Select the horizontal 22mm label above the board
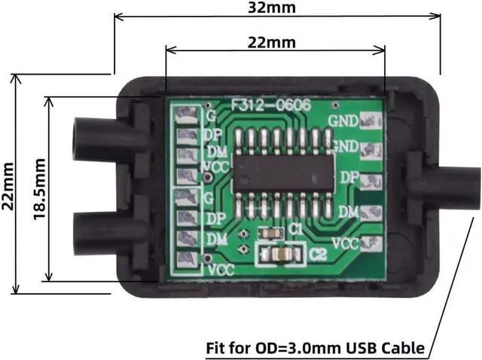(x=272, y=42)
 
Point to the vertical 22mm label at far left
(x=8, y=185)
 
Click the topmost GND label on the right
(x=343, y=120)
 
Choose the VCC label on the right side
(x=345, y=243)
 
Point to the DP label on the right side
(x=348, y=178)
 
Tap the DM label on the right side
(x=348, y=212)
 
